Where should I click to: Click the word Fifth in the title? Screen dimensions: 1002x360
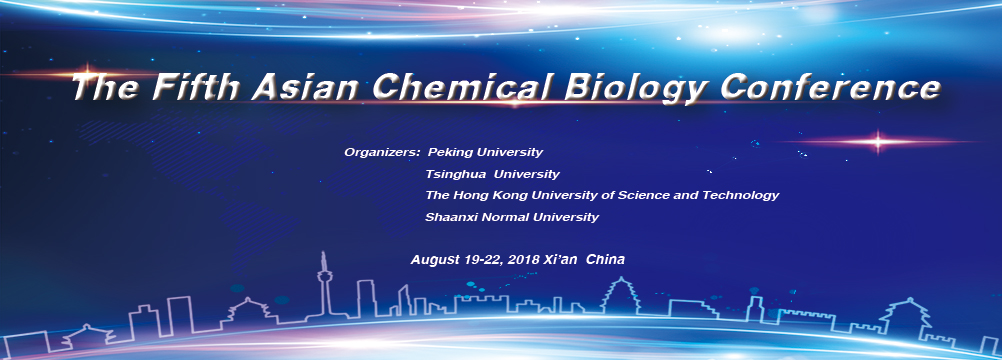[x=192, y=88]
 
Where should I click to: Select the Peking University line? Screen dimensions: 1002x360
[x=485, y=153]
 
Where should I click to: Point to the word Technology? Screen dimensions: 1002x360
[x=741, y=195]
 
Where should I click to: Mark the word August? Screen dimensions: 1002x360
[x=433, y=260]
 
